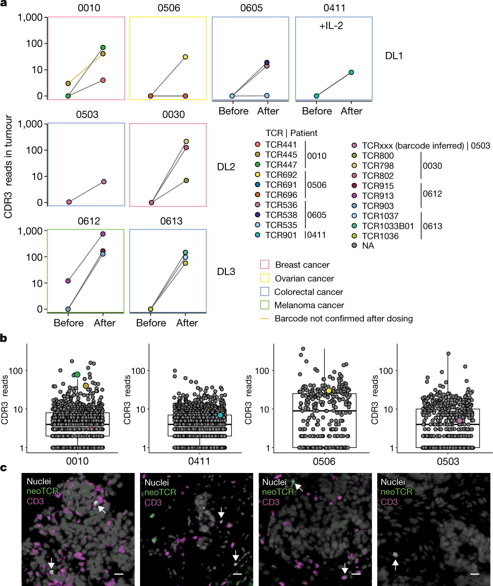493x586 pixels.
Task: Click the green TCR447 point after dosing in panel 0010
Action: pos(103,48)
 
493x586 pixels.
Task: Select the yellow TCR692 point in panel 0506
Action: pos(185,57)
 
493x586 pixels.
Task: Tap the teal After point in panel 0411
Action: pos(351,72)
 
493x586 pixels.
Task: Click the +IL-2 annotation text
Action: pos(331,26)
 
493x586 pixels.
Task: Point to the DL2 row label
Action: pos(226,167)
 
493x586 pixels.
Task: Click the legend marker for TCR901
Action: pos(257,235)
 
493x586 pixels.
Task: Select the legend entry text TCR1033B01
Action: pos(388,226)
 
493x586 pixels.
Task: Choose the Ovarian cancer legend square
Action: pos(265,278)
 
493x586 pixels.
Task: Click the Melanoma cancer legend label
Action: pos(309,305)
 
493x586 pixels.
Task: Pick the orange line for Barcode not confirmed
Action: pos(265,319)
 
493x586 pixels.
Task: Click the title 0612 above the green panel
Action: pos(89,221)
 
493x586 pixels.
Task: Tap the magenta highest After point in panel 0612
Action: pos(103,234)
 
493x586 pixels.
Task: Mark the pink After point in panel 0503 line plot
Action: pos(104,182)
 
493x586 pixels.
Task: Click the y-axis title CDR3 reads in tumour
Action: pos(8,167)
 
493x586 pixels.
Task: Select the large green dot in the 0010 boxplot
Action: pos(77,375)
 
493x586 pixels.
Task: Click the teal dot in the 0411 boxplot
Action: pos(220,415)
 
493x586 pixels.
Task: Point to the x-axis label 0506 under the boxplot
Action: pos(324,461)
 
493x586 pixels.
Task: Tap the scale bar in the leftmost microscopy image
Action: pos(119,574)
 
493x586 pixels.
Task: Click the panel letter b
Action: pos(4,338)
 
